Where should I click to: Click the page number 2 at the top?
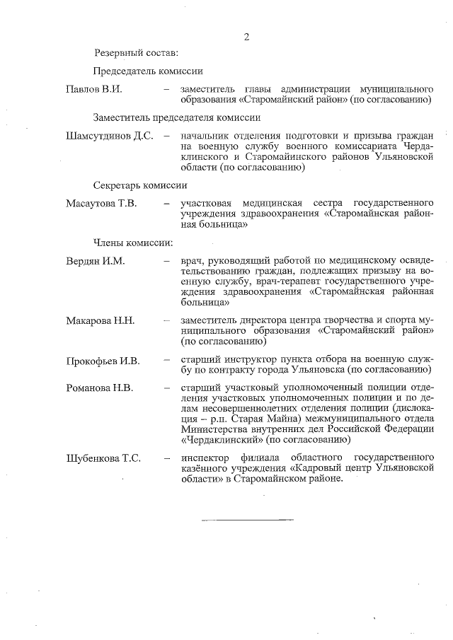(246, 37)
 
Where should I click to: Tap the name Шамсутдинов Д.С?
(109, 136)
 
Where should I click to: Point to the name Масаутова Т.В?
(101, 204)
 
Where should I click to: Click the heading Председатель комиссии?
(148, 71)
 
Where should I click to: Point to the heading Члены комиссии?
(133, 243)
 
